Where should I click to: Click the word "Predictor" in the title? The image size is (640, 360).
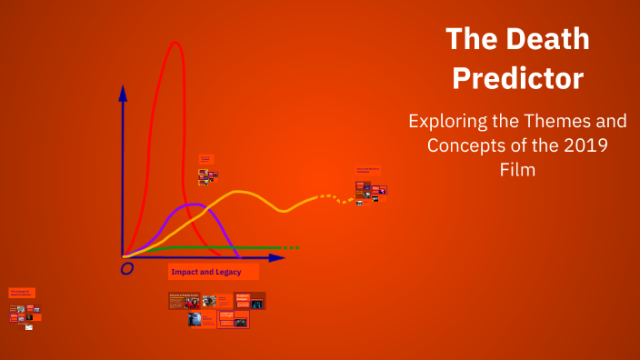click(x=517, y=78)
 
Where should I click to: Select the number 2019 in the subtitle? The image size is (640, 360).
click(x=583, y=145)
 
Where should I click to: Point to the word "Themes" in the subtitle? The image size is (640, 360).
click(x=555, y=121)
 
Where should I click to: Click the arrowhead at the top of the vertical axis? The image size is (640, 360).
click(x=123, y=92)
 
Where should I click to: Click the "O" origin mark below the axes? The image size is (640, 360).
click(x=127, y=268)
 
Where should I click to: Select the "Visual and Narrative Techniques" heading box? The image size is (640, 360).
click(x=368, y=169)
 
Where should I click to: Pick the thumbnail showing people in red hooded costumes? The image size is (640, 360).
click(x=210, y=301)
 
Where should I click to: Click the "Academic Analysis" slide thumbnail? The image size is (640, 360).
click(x=249, y=300)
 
